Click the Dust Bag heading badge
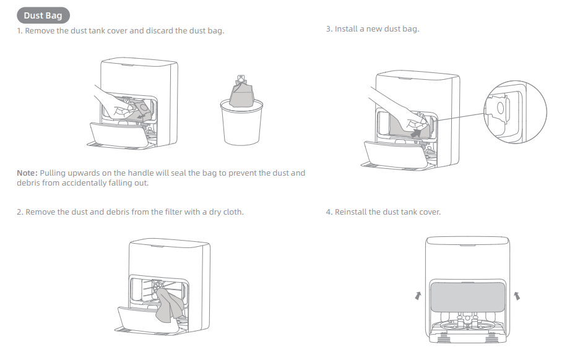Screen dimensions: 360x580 pos(43,16)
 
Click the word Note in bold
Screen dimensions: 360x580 pos(27,173)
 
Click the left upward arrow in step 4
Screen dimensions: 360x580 pos(418,296)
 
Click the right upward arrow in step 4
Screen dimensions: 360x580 pos(517,296)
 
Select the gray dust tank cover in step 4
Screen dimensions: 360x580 pos(467,296)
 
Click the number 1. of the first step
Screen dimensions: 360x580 pos(20,31)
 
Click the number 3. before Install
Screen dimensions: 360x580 pos(329,29)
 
